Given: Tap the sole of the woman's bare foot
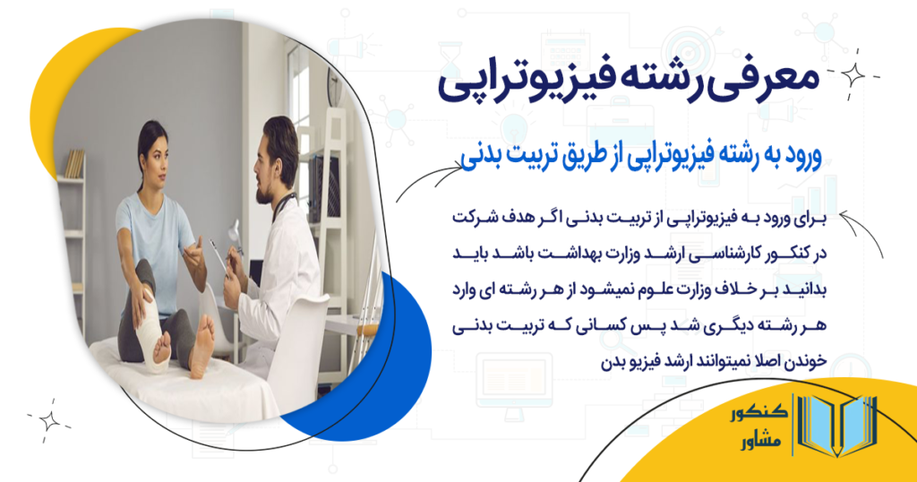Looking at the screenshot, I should point(203,340).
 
